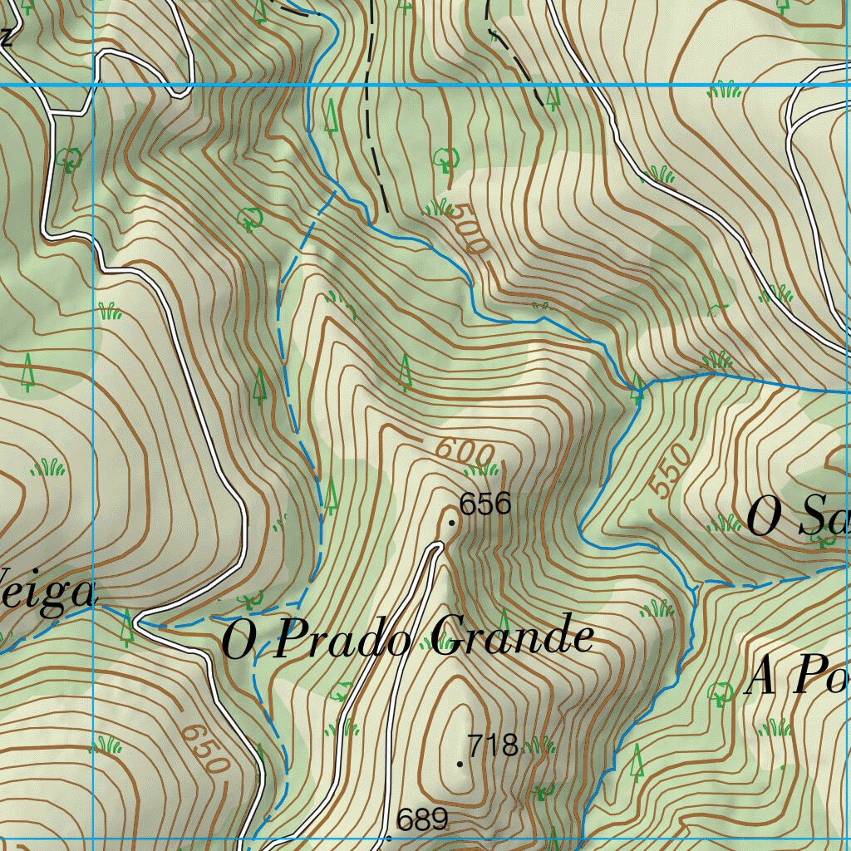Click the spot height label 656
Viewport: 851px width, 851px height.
tap(485, 504)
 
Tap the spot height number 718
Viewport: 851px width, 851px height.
tap(493, 745)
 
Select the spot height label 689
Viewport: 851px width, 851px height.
tap(422, 821)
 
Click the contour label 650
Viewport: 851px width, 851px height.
tap(203, 748)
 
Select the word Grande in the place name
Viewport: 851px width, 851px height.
tap(513, 637)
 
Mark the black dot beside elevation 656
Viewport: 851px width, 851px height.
tap(451, 523)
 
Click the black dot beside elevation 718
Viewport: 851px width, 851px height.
tap(460, 764)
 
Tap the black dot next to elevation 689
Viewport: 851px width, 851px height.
tap(389, 838)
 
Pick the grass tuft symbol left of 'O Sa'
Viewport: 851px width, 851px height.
tap(723, 524)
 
